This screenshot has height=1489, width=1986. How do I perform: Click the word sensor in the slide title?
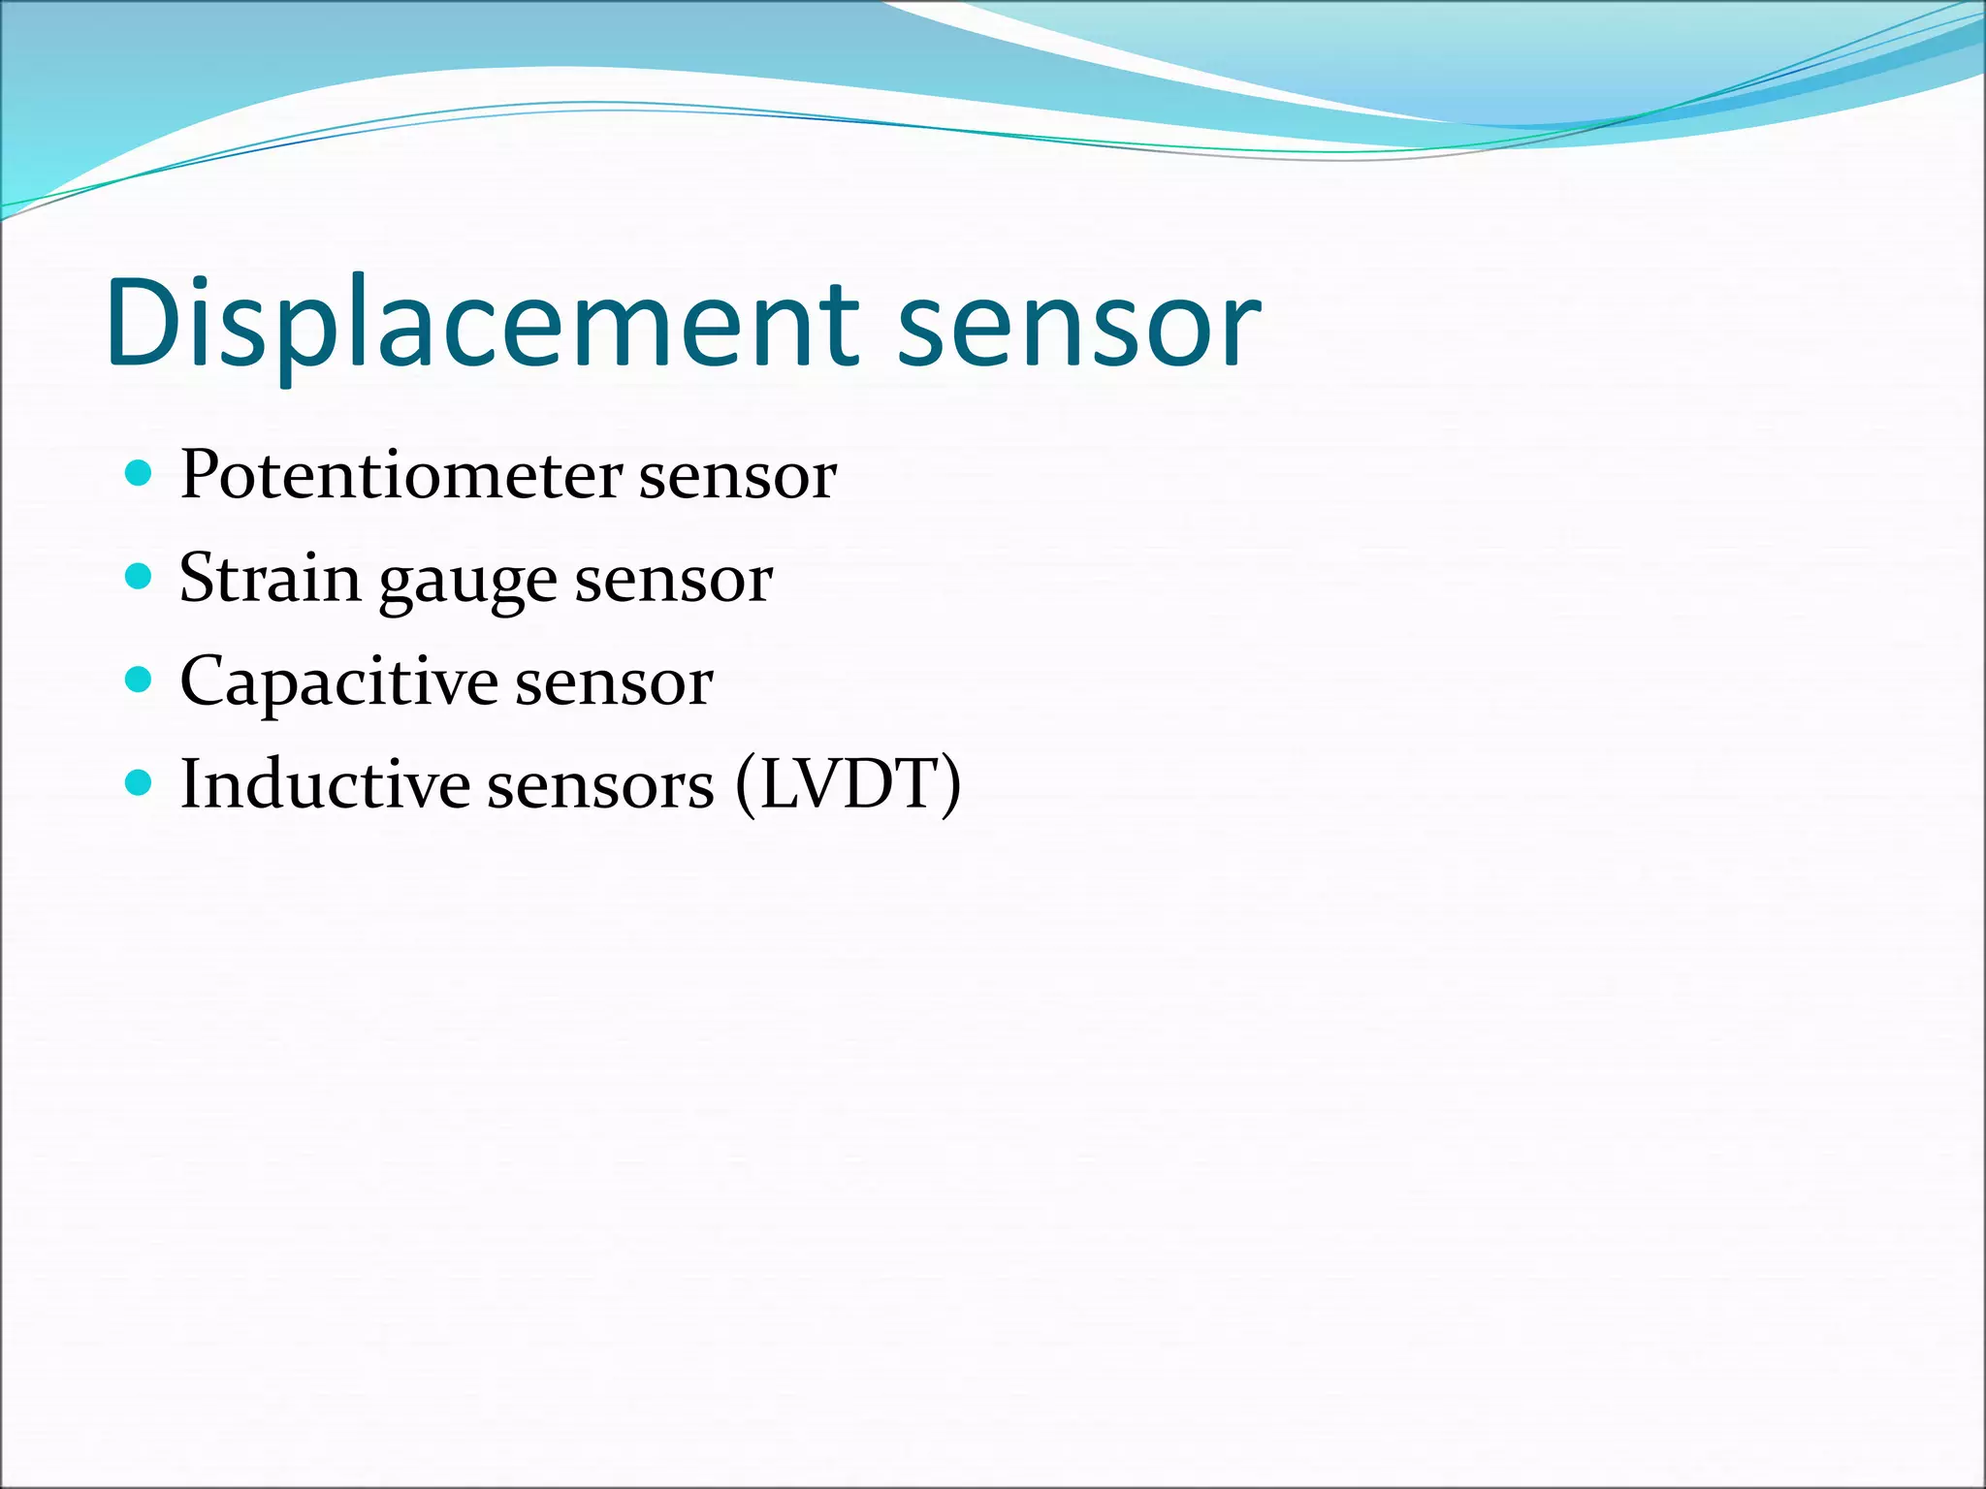click(1078, 325)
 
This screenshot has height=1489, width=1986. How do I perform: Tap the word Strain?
click(270, 579)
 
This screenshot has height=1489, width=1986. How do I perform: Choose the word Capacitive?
click(338, 682)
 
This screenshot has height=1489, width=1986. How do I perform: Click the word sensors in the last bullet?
click(600, 785)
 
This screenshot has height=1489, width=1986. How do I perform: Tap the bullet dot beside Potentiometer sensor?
click(140, 473)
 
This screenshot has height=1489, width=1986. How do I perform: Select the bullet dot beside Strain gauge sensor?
click(140, 577)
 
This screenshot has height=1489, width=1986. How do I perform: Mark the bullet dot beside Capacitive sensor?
click(140, 680)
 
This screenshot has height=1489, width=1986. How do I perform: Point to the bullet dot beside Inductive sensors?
click(140, 782)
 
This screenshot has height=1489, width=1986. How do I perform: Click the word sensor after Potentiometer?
click(737, 478)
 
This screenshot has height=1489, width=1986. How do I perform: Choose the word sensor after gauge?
click(674, 582)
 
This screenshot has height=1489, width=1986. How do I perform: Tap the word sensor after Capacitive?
click(614, 684)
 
